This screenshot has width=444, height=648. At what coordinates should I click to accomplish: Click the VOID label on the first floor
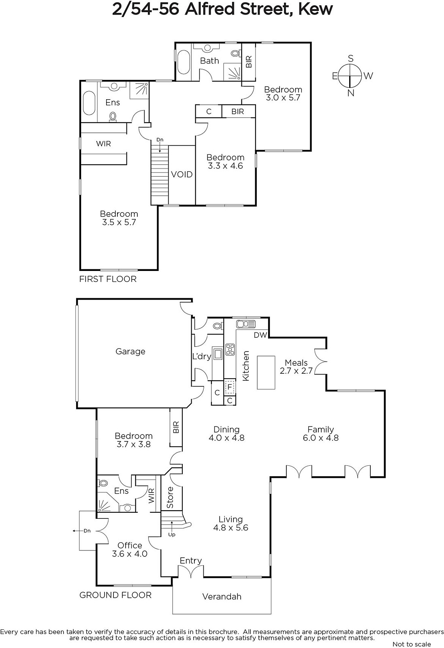point(181,175)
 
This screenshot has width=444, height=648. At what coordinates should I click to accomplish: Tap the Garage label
point(130,352)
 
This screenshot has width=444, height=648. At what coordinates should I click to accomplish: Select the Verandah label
point(222,596)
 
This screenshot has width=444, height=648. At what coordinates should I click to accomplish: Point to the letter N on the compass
point(350,93)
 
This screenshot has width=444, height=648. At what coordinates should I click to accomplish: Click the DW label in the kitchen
point(260,335)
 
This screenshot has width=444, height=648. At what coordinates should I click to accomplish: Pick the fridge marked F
point(230,387)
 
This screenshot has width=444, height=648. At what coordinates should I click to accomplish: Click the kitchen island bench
point(266,373)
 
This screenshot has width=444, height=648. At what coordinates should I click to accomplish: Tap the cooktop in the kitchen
point(230,350)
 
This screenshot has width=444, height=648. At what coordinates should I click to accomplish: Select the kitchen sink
point(246,324)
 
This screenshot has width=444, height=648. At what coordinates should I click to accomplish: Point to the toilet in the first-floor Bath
point(236,53)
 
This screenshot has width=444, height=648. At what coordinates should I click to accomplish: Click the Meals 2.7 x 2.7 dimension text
point(296,371)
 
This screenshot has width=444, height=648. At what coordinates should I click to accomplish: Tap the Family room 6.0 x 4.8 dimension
point(321,438)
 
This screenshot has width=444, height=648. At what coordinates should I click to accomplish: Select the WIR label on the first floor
point(103,144)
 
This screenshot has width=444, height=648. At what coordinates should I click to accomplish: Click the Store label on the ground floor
point(170,497)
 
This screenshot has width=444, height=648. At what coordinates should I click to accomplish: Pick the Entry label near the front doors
point(190,561)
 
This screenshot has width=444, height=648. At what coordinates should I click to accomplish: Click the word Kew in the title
point(316,9)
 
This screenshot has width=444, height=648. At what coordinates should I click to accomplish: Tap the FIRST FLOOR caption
point(108,279)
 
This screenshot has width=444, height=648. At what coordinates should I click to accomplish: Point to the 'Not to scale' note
point(412,644)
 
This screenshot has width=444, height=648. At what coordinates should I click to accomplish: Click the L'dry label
point(202,356)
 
